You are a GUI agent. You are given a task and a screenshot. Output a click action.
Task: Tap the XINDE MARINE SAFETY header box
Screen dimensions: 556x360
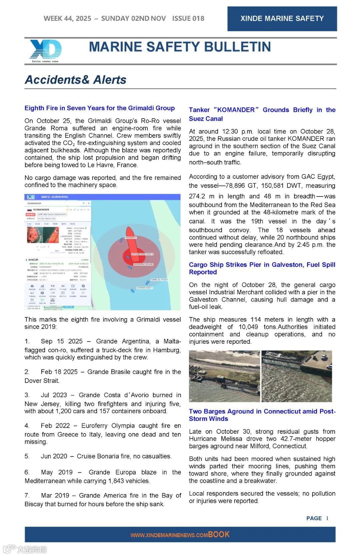point(282,19)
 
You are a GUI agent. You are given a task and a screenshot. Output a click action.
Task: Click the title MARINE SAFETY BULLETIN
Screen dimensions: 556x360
point(180,47)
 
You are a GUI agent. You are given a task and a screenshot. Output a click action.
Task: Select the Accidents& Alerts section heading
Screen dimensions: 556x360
point(76,80)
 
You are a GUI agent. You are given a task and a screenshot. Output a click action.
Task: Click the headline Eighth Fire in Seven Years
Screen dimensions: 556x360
point(99,108)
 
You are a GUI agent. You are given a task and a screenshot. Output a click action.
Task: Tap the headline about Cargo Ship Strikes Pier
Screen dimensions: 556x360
point(262,268)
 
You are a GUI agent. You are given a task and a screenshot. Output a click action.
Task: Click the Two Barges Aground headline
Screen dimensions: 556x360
point(262,415)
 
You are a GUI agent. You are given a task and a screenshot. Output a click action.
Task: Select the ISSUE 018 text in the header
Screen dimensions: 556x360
point(188,19)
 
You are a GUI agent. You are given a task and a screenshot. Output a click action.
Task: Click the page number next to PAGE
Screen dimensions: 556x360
point(327,518)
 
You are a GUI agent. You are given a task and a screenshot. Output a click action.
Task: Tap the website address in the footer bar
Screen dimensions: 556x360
point(169,535)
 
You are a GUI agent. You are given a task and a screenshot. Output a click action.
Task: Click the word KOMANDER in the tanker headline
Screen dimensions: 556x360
point(236,110)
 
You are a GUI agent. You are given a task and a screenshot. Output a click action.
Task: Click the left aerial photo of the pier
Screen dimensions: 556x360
point(224,376)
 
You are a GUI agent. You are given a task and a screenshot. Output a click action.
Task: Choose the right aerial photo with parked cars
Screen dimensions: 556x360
point(297,376)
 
